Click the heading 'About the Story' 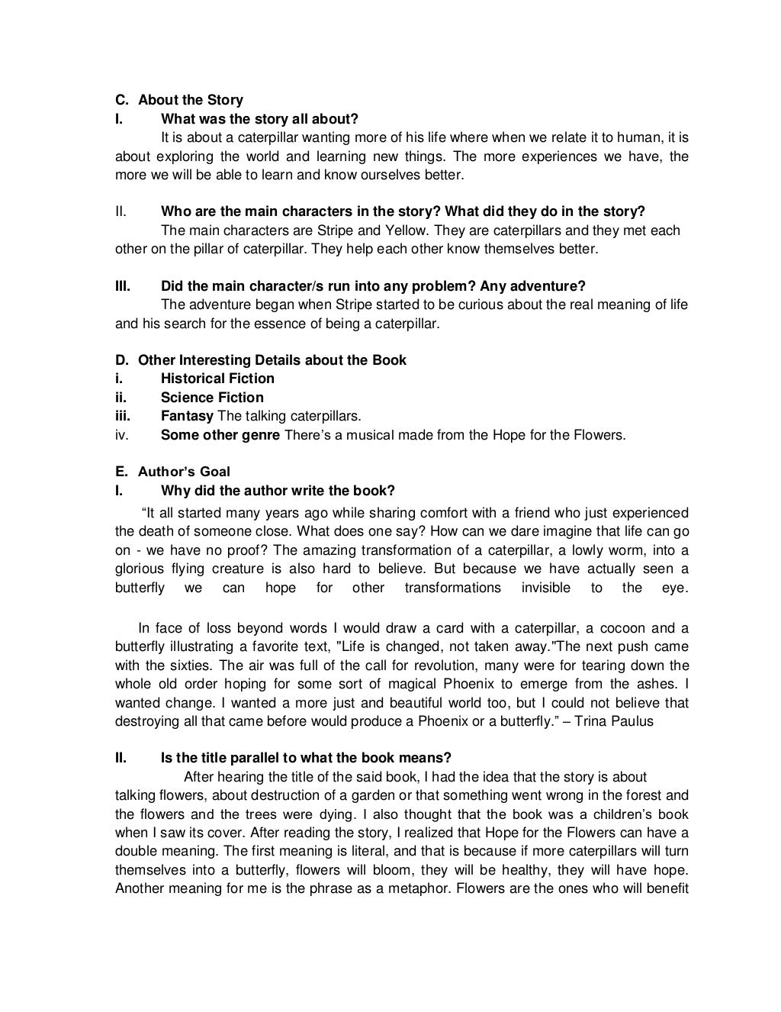click(x=190, y=100)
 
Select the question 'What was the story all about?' click(x=259, y=119)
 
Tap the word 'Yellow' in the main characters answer click(x=406, y=230)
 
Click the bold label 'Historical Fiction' click(x=217, y=379)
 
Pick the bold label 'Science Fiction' click(x=212, y=398)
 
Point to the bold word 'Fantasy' click(x=187, y=416)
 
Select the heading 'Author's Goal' click(x=184, y=472)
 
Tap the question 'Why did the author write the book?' click(x=278, y=490)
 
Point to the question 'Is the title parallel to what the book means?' click(x=306, y=758)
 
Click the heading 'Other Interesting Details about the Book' click(x=272, y=360)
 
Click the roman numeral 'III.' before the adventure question click(x=123, y=286)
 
